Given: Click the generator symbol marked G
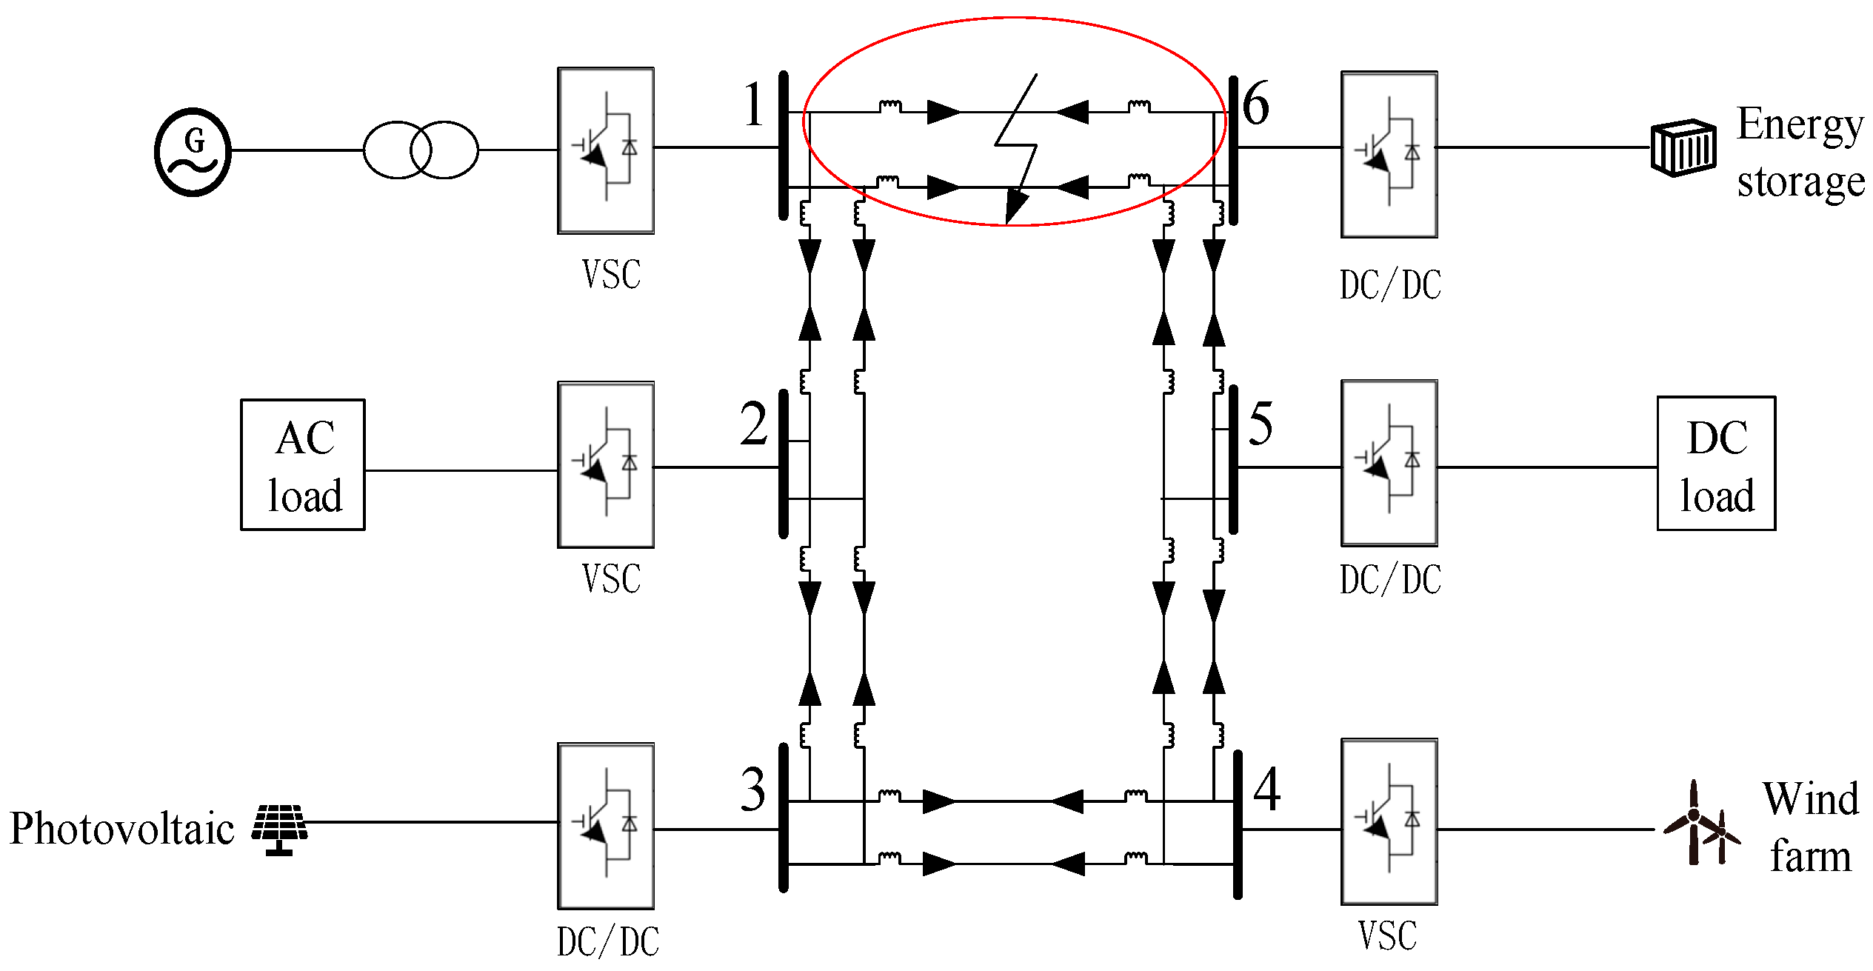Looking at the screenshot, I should pyautogui.click(x=193, y=152).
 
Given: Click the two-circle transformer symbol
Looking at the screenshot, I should pyautogui.click(x=421, y=150).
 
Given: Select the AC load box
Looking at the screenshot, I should pyautogui.click(x=303, y=464).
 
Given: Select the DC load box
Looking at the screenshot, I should pyautogui.click(x=1716, y=464).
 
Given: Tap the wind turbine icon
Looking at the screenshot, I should pyautogui.click(x=1700, y=824).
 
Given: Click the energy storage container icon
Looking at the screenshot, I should pyautogui.click(x=1683, y=147).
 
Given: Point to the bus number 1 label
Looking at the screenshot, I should pyautogui.click(x=753, y=104).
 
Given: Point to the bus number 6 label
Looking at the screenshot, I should pyautogui.click(x=1255, y=103).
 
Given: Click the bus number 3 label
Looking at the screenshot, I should pyautogui.click(x=753, y=790).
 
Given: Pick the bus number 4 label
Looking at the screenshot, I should pyautogui.click(x=1266, y=790).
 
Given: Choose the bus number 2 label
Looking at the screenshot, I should pyautogui.click(x=753, y=424).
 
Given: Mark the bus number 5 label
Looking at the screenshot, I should pyautogui.click(x=1261, y=424).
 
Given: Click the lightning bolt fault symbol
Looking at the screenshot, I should pyautogui.click(x=1016, y=148).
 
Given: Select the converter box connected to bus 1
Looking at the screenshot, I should pyautogui.click(x=606, y=151).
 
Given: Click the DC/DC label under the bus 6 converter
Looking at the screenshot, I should pyautogui.click(x=1390, y=285).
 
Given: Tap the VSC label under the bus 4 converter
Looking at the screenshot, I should pyautogui.click(x=1387, y=935).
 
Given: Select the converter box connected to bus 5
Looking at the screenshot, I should pyautogui.click(x=1389, y=464).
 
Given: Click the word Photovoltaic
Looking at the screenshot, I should pyautogui.click(x=122, y=828).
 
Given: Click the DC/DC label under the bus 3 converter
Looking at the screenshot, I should pyautogui.click(x=608, y=942).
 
